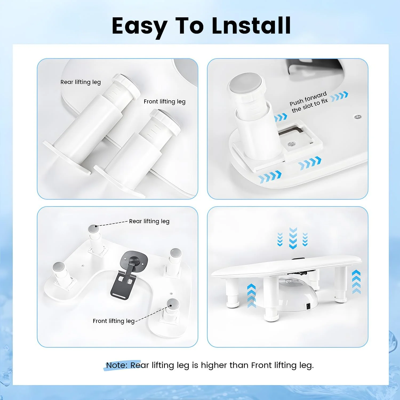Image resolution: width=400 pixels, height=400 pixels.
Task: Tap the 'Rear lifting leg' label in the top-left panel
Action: pyautogui.click(x=81, y=82)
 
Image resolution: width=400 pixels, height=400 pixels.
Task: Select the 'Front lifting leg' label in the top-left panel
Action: pyautogui.click(x=165, y=102)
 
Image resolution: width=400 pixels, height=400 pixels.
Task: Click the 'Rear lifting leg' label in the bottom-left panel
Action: pyautogui.click(x=149, y=221)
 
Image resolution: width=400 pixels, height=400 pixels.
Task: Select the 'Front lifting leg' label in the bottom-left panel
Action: pyautogui.click(x=114, y=321)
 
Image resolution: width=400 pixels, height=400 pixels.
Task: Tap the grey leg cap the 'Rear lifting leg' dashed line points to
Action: pyautogui.click(x=93, y=229)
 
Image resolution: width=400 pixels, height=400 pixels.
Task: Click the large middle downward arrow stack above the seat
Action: pyautogui.click(x=293, y=238)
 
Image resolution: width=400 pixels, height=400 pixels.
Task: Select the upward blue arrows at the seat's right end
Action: pyautogui.click(x=356, y=282)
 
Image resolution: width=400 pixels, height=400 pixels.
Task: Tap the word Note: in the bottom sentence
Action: pyautogui.click(x=117, y=365)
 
